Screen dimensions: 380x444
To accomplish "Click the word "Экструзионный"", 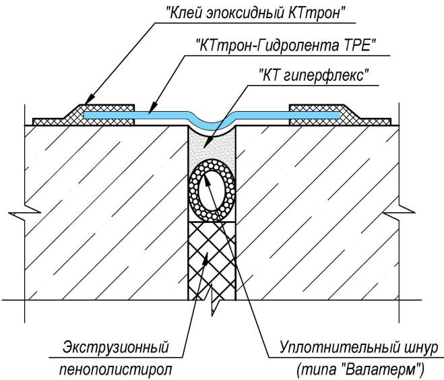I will (115, 348).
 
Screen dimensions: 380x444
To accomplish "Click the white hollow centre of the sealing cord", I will (211, 191).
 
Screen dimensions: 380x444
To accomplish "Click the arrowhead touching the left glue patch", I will (85, 104).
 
